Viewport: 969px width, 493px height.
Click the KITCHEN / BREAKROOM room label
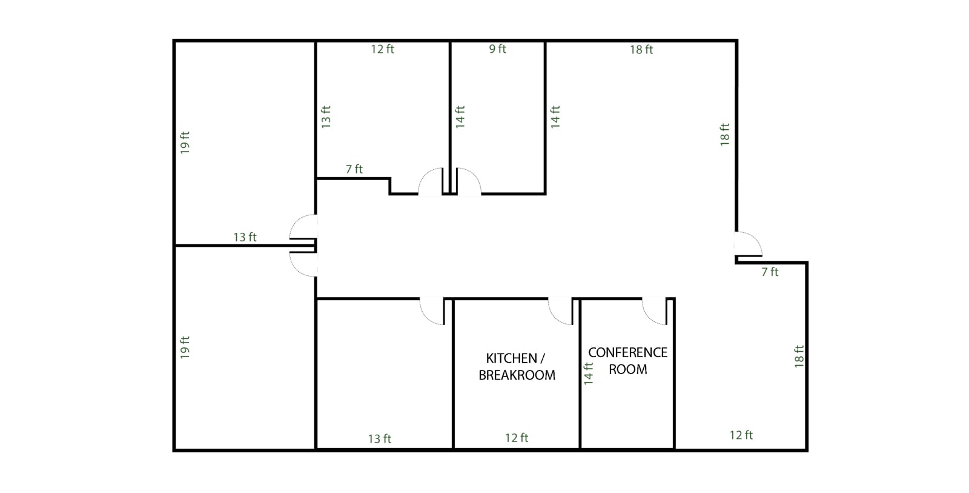pos(517,366)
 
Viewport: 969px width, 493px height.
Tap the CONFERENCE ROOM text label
pos(627,361)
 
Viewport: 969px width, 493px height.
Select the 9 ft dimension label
pos(497,49)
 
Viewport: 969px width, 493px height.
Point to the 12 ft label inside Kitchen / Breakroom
pos(517,438)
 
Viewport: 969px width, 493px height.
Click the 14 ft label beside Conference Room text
pos(588,374)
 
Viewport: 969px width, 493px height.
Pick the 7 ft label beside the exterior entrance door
pos(770,272)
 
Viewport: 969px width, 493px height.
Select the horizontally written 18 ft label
pos(641,50)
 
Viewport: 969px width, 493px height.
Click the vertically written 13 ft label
pos(326,117)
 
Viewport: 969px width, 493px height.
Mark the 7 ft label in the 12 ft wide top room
pos(354,169)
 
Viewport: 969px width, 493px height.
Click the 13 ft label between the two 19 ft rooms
pos(245,237)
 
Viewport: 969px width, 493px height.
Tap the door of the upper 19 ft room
pos(303,227)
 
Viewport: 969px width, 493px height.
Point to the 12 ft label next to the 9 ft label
pos(382,49)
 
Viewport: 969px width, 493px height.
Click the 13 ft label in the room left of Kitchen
pos(379,439)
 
